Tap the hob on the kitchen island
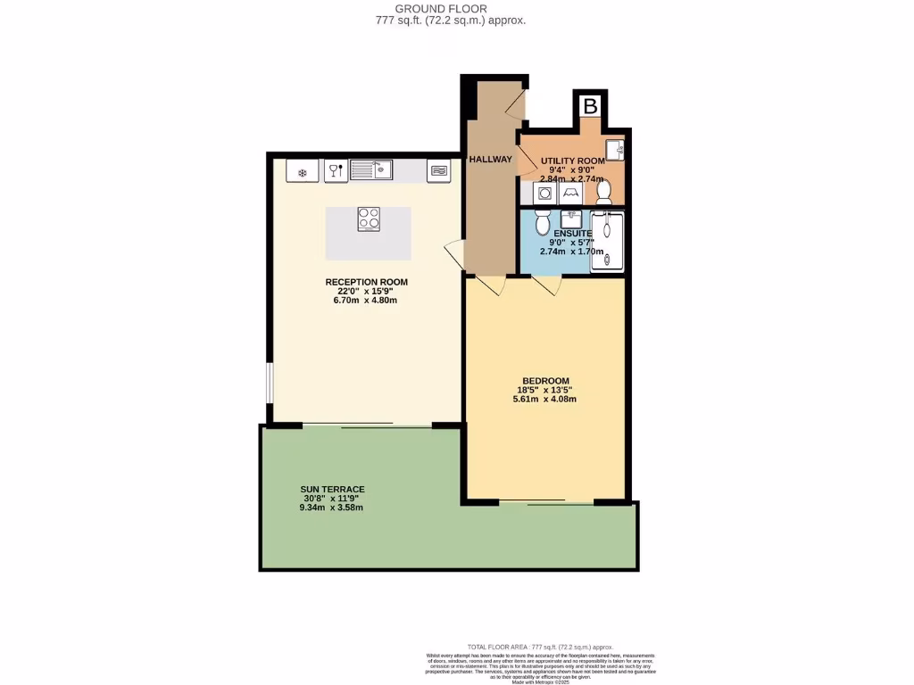pyautogui.click(x=369, y=219)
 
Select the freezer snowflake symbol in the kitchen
pyautogui.click(x=303, y=172)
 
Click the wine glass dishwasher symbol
pyautogui.click(x=335, y=171)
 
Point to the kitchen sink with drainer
pyautogui.click(x=371, y=169)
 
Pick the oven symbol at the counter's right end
pyautogui.click(x=438, y=170)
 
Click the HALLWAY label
pyautogui.click(x=491, y=160)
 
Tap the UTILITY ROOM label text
pyautogui.click(x=573, y=161)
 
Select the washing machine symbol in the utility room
pyautogui.click(x=544, y=193)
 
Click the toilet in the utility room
pyautogui.click(x=603, y=191)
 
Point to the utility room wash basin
pyautogui.click(x=615, y=149)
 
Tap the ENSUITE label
pyautogui.click(x=573, y=234)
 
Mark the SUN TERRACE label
pyautogui.click(x=333, y=490)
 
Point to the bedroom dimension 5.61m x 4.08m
pyautogui.click(x=545, y=399)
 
